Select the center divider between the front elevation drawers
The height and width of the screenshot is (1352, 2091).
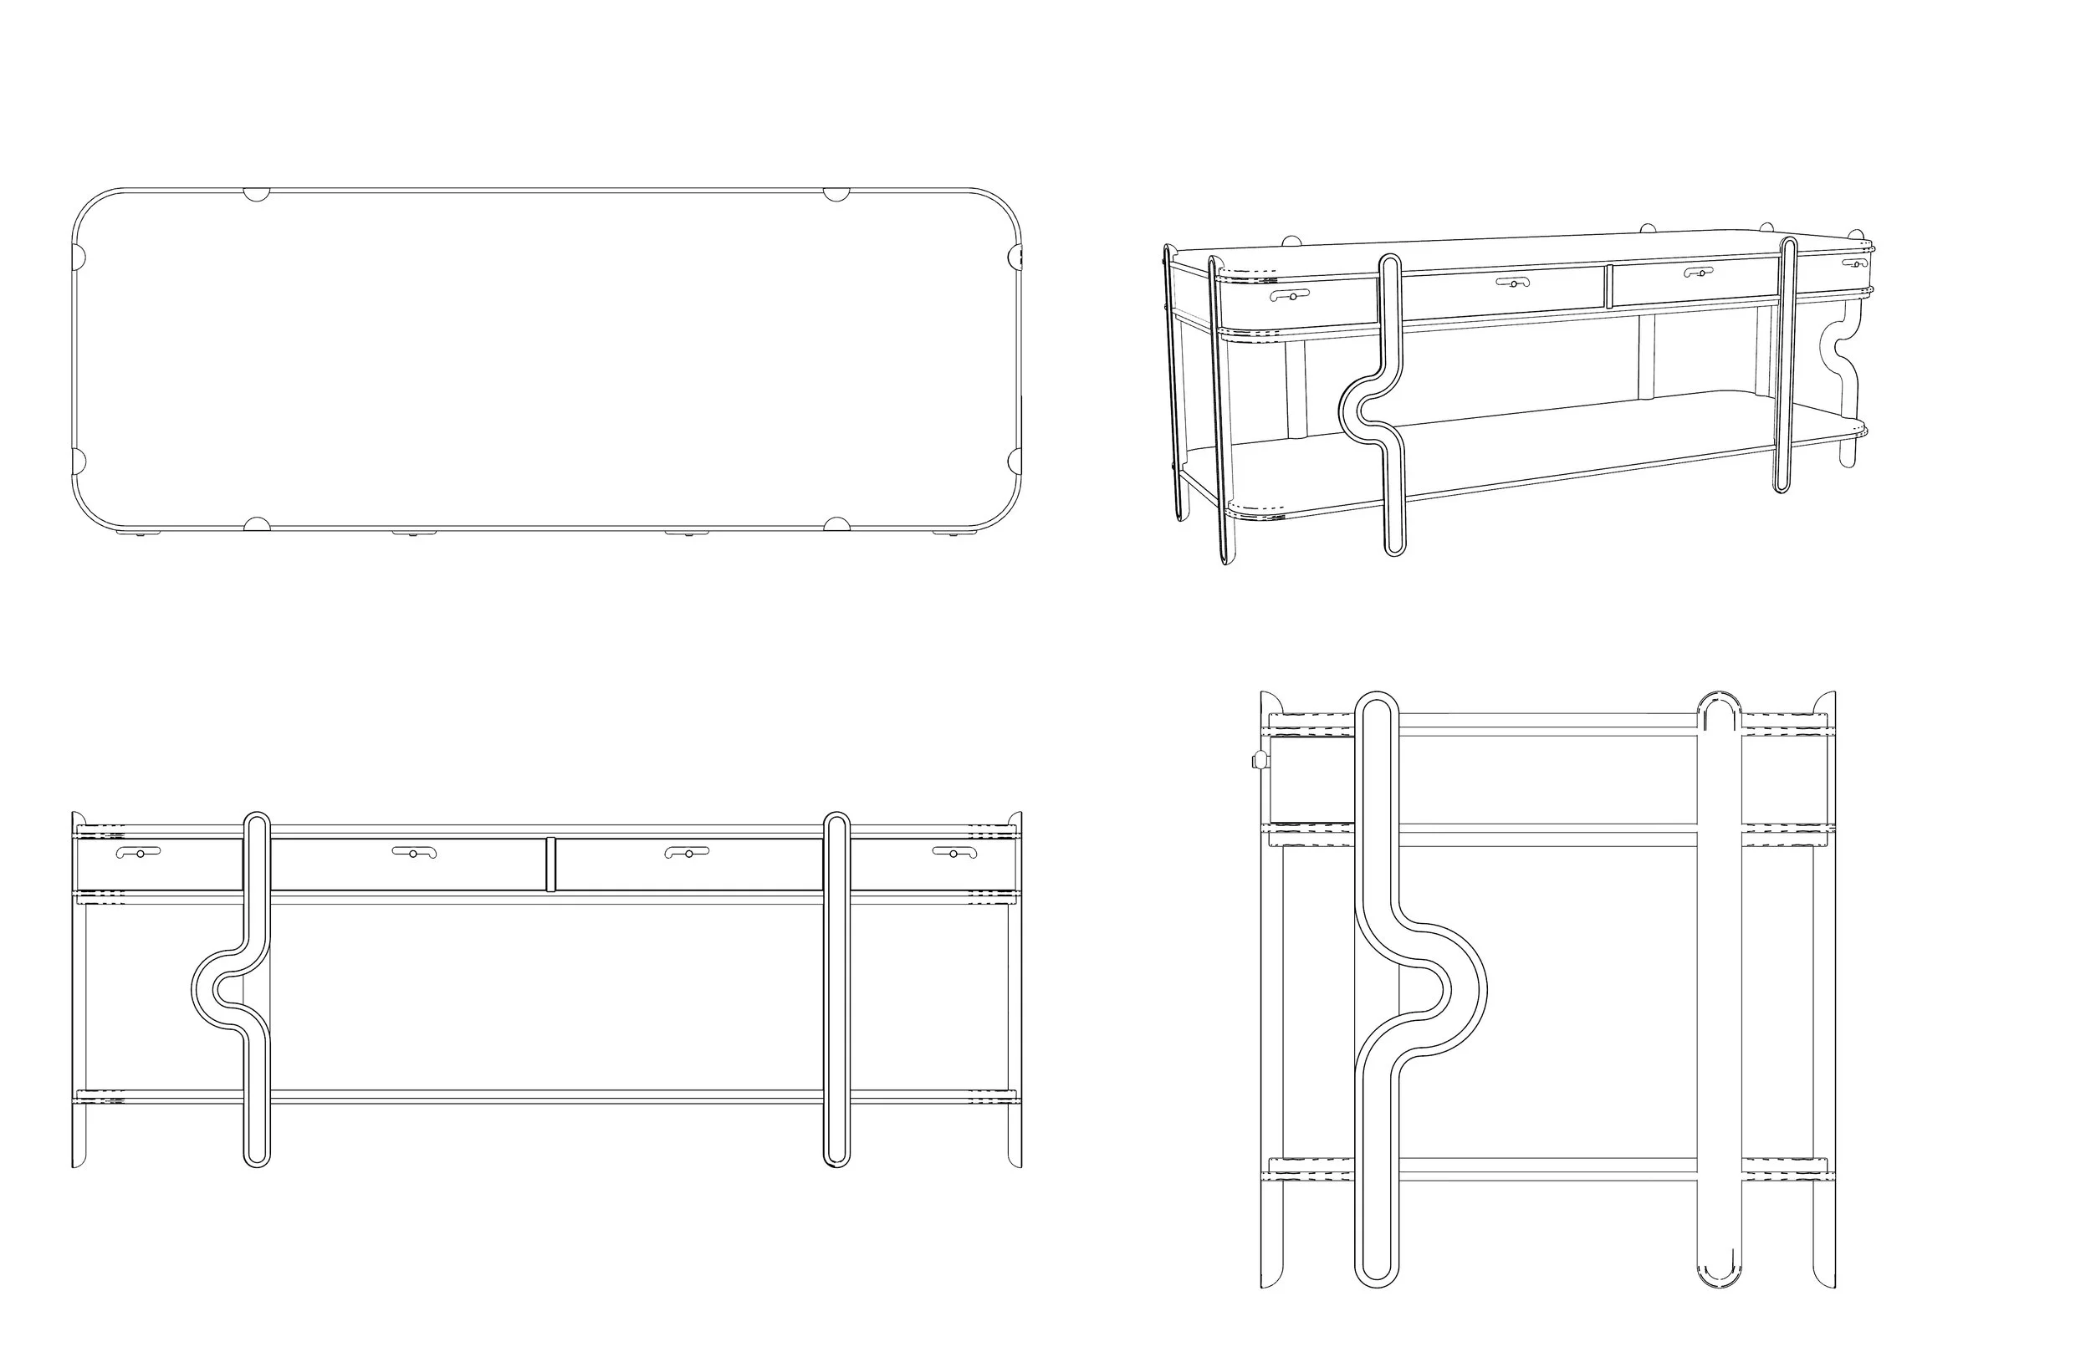[x=550, y=864]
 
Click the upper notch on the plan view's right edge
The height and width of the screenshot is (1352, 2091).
[x=1016, y=257]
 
